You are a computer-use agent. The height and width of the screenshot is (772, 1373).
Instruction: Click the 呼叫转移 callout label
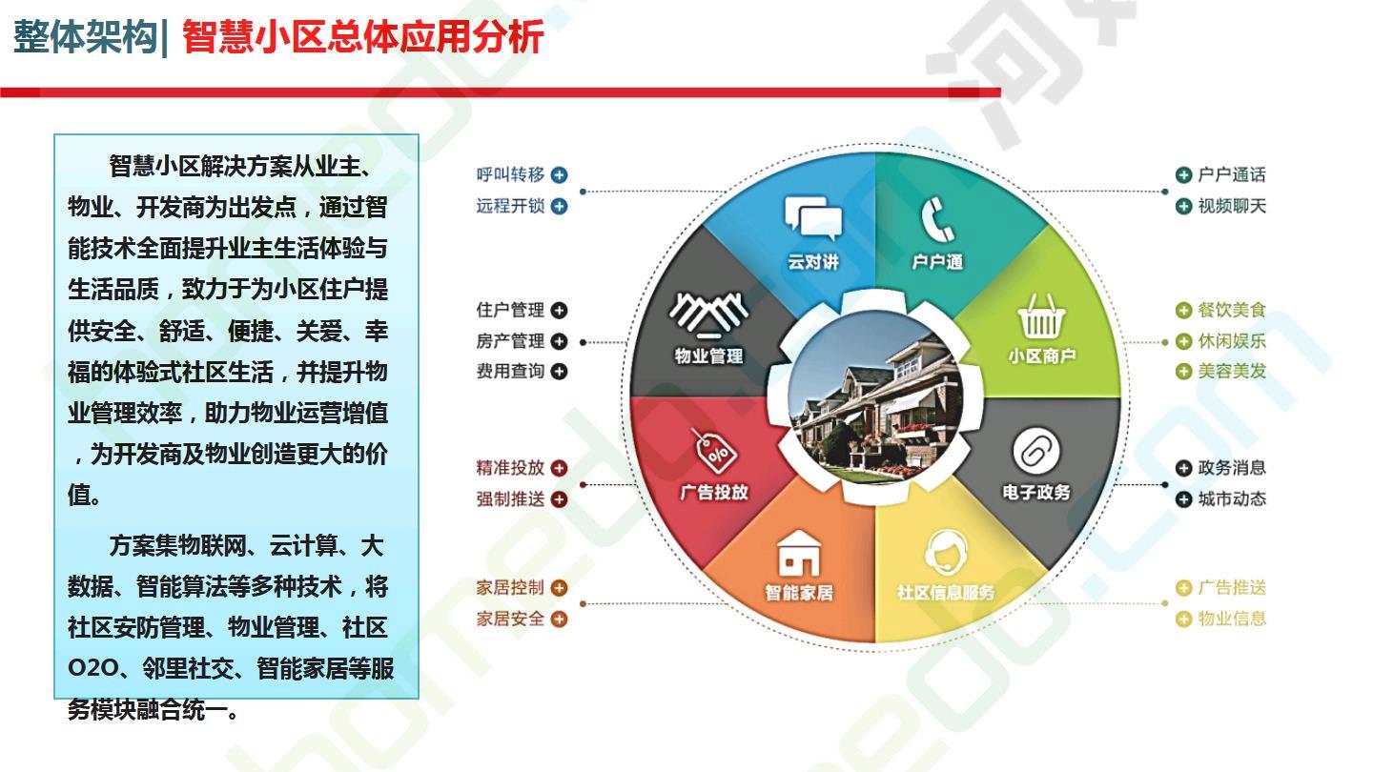coord(510,174)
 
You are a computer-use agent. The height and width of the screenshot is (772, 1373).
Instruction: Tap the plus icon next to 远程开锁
coord(559,206)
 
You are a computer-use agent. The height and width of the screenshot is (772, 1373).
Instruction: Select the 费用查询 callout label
coord(510,371)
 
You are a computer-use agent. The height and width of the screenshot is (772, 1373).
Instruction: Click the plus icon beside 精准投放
coord(559,468)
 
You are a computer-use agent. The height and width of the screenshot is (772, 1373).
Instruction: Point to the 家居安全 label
coord(510,619)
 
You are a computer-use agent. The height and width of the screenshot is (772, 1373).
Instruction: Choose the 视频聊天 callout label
coord(1232,206)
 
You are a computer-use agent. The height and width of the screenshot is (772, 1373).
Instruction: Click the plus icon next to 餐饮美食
coord(1183,310)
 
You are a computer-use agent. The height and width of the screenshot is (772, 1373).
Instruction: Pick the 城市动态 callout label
coord(1232,499)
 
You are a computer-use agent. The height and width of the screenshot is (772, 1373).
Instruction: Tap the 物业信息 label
coord(1232,619)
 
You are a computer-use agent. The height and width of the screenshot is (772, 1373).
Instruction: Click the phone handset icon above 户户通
coord(937,220)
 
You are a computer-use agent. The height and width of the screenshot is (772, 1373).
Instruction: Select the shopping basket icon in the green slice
coord(1041,316)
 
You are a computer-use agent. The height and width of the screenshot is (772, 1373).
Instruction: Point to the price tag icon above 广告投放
coord(715,450)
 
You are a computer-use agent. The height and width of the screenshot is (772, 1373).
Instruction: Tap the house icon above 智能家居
coord(799,554)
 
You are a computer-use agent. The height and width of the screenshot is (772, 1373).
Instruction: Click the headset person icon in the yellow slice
coord(946,551)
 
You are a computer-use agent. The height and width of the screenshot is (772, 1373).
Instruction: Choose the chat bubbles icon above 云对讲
coord(813,217)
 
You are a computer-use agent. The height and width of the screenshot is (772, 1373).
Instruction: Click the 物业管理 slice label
coord(708,356)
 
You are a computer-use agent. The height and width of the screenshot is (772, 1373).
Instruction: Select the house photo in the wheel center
coord(874,396)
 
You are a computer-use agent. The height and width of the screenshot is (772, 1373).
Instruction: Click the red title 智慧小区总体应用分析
coord(363,37)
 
